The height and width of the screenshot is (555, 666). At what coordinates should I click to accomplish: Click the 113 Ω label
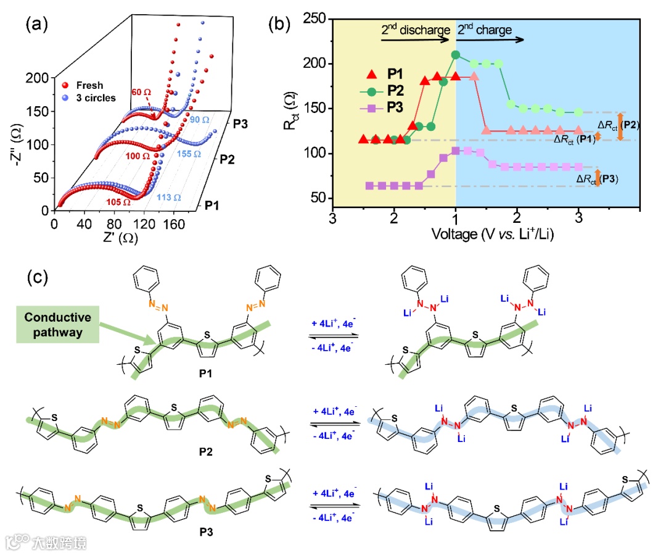(169, 198)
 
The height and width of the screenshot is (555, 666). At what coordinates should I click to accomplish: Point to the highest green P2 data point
(456, 54)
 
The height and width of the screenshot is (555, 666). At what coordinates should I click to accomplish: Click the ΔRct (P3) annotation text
(596, 180)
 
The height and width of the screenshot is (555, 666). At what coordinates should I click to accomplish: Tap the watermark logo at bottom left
(17, 541)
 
